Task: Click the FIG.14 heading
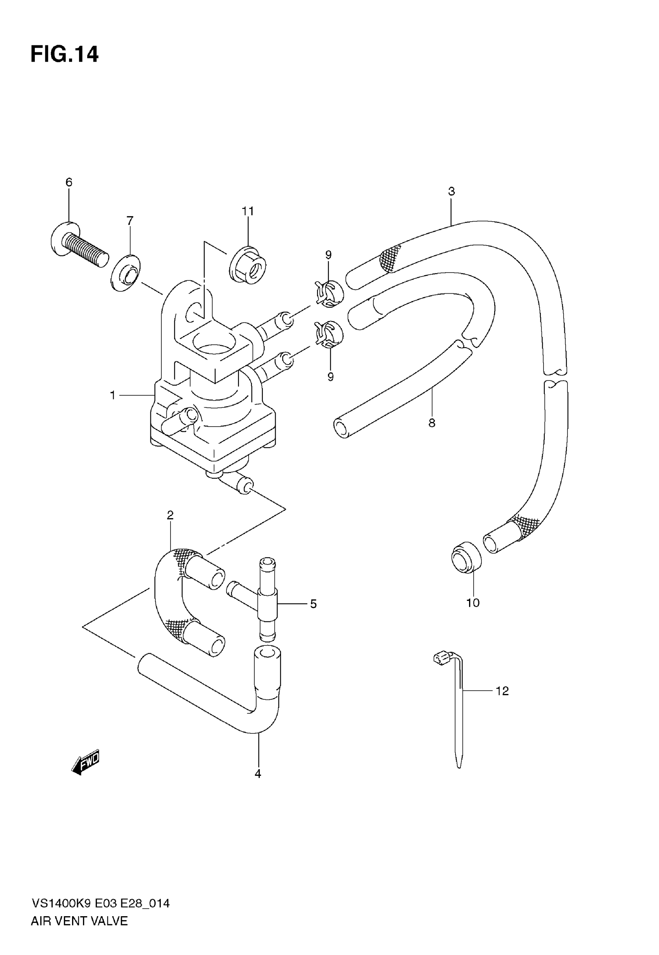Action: tap(65, 54)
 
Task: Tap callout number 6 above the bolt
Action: tap(69, 182)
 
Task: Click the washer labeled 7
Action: tap(126, 274)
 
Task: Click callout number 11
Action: tap(248, 211)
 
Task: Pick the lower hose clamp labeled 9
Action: tap(329, 333)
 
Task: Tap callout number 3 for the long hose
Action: tap(451, 191)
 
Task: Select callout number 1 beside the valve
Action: tap(112, 395)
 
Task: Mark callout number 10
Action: tap(473, 603)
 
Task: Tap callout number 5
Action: tap(313, 604)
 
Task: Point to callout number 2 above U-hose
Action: tap(170, 515)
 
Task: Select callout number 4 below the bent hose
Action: tap(258, 774)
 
